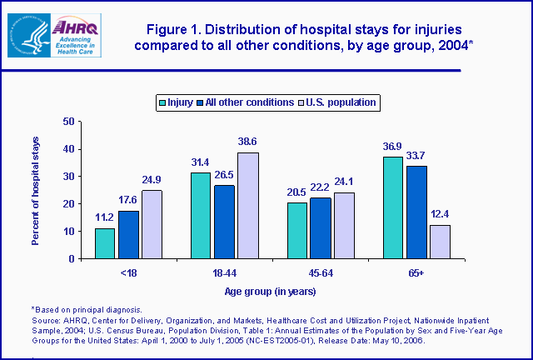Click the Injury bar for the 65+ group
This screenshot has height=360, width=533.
(393, 207)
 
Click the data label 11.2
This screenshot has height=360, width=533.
(105, 218)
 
